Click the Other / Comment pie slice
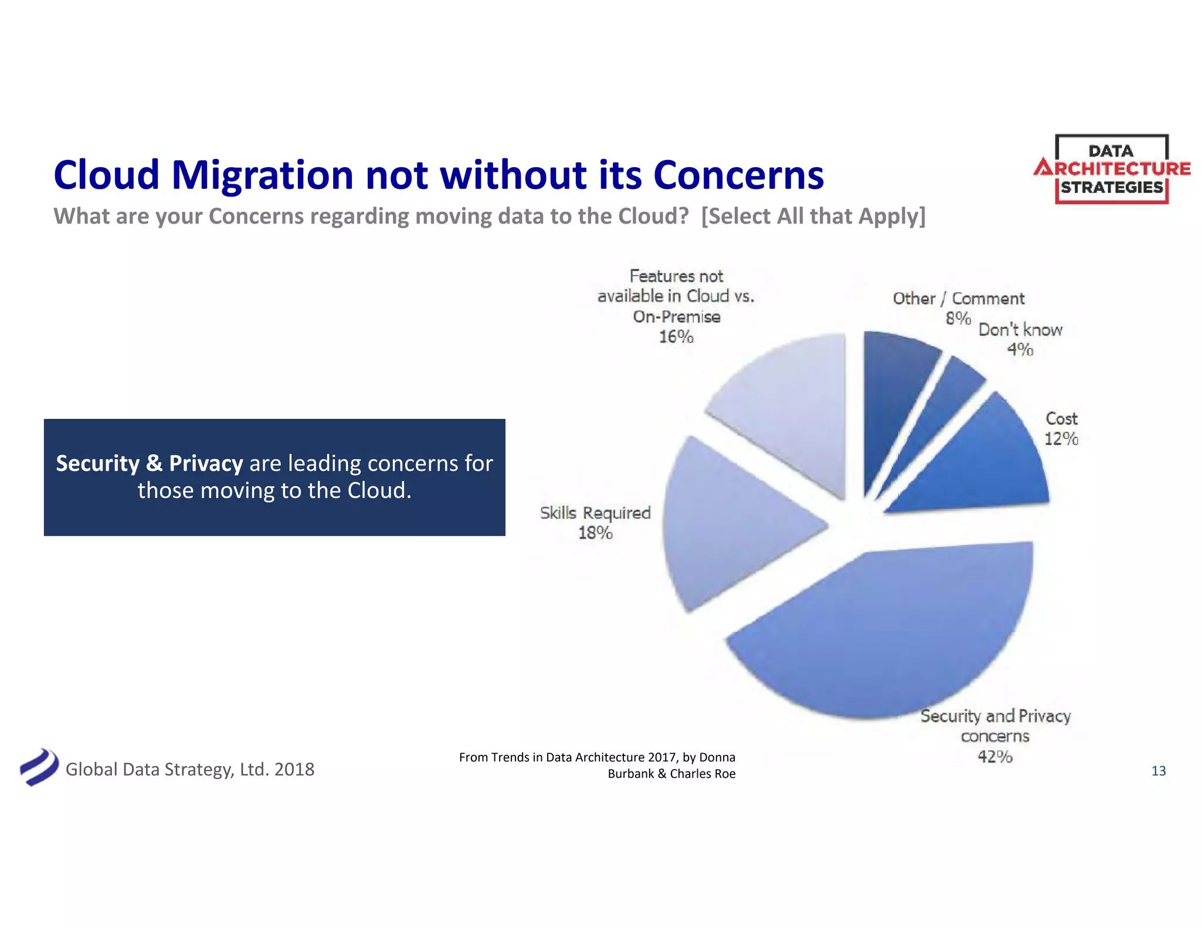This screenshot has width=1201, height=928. pyautogui.click(x=891, y=387)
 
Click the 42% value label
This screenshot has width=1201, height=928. pyautogui.click(x=995, y=757)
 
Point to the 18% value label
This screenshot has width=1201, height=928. pyautogui.click(x=595, y=533)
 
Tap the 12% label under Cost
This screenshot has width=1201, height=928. pyautogui.click(x=1061, y=439)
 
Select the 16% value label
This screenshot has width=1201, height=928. pyautogui.click(x=676, y=337)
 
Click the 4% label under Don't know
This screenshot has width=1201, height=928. pyautogui.click(x=1020, y=350)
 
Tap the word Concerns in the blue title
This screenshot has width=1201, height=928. pyautogui.click(x=738, y=175)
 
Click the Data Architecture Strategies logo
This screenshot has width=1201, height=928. pyautogui.click(x=1111, y=170)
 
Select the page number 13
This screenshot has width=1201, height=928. pyautogui.click(x=1158, y=771)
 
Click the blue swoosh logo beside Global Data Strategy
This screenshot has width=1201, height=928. pyautogui.click(x=39, y=767)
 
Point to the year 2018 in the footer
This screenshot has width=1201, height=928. pyautogui.click(x=294, y=769)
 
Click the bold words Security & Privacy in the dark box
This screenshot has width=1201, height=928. pyautogui.click(x=149, y=463)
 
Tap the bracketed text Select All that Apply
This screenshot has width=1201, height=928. pyautogui.click(x=813, y=216)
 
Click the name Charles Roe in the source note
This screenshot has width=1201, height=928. pyautogui.click(x=703, y=774)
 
